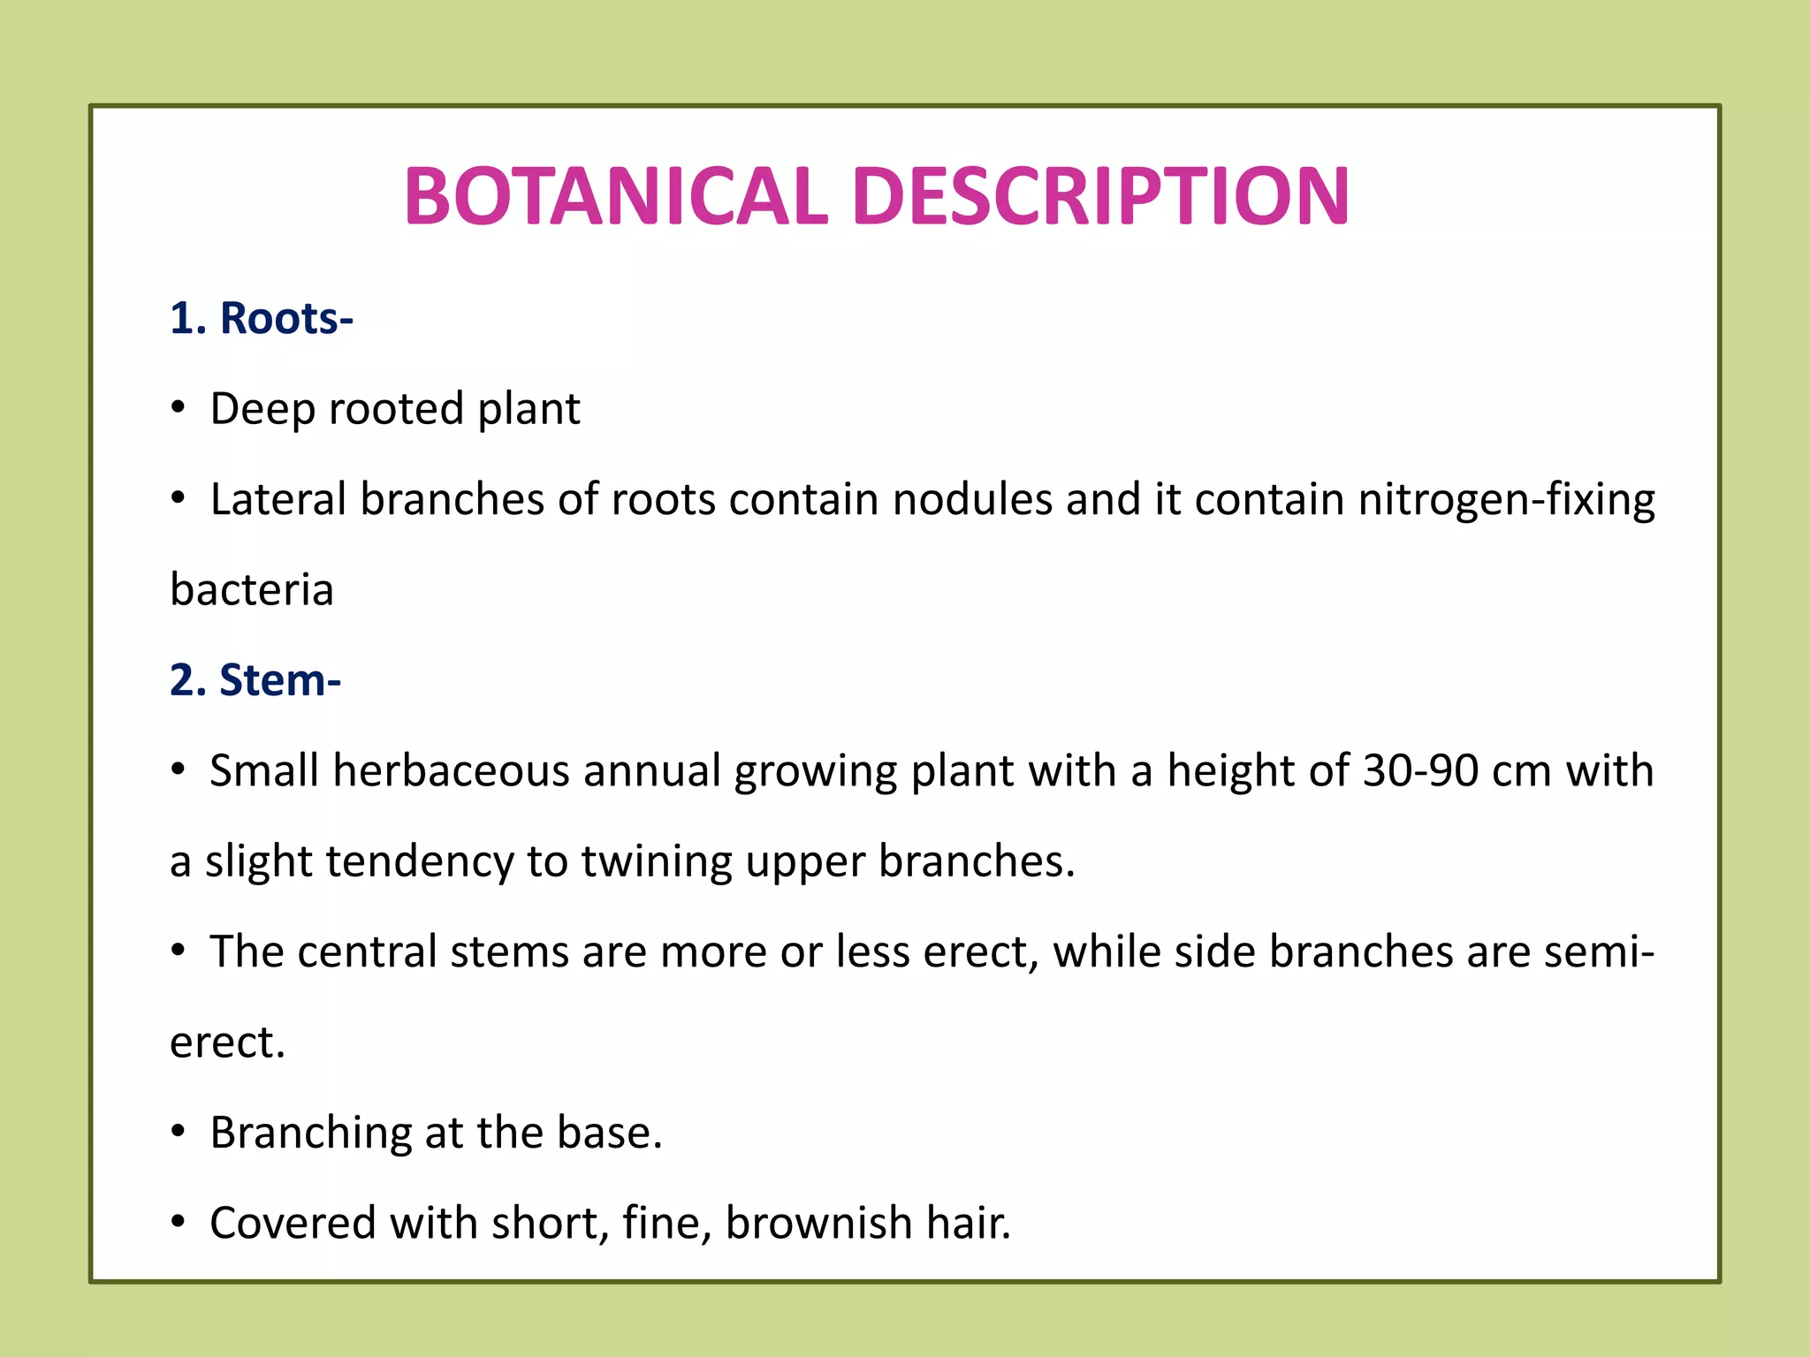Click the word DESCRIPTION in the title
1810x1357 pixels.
tap(1101, 197)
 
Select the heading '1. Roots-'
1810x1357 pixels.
tap(262, 318)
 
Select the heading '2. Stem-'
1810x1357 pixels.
tap(255, 680)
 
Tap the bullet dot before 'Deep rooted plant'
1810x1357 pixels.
tap(179, 408)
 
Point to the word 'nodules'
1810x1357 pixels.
tap(972, 499)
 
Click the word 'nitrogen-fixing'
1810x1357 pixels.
tap(1506, 501)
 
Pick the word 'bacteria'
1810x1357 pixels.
tap(252, 590)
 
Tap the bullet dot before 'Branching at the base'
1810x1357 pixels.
tap(179, 1132)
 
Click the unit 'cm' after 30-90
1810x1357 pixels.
tap(1521, 772)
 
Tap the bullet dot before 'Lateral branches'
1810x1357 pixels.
tap(179, 499)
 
